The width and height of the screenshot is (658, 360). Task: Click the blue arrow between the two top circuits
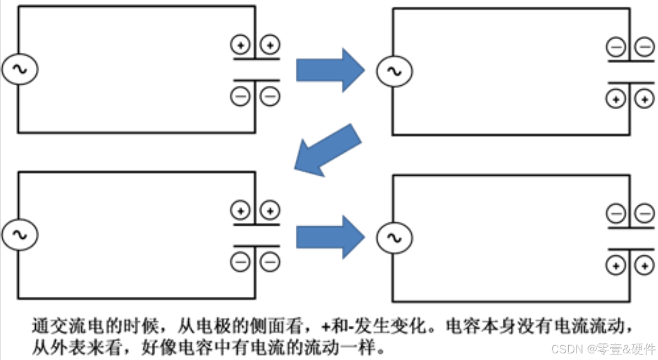point(330,70)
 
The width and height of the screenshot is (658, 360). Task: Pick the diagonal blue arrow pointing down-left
point(328,150)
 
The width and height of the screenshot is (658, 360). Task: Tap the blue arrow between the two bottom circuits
point(330,237)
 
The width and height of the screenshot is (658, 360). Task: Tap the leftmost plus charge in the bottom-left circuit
point(240,210)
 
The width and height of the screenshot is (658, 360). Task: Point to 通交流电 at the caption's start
point(56,326)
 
